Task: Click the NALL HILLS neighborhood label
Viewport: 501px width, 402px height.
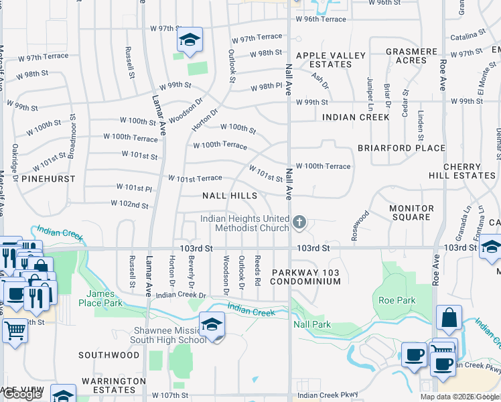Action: pos(230,196)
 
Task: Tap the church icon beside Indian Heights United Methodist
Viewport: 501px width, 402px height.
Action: pos(299,221)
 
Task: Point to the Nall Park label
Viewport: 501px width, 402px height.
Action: pos(312,324)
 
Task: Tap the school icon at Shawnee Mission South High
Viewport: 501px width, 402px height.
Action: pos(212,325)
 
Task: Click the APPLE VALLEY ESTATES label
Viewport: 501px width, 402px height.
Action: pos(331,60)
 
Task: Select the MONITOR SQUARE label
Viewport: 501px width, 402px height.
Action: pos(411,212)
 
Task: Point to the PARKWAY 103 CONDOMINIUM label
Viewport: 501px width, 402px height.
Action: pos(306,277)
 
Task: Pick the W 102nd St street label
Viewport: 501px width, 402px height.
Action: pos(124,206)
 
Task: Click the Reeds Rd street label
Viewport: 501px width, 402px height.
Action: pos(257,269)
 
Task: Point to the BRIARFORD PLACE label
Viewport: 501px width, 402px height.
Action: pos(401,148)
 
